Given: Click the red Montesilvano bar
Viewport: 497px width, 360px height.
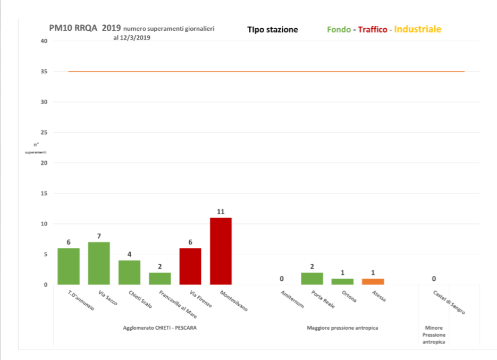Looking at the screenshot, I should (221, 251).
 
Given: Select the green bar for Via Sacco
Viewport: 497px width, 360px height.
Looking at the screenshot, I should (99, 263).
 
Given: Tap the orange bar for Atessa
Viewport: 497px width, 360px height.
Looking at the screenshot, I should (373, 281).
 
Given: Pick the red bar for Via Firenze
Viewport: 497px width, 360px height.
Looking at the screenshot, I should (190, 266).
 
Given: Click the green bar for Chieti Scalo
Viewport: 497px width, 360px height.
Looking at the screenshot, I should (129, 272).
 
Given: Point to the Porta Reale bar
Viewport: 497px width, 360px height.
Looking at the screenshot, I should (312, 279).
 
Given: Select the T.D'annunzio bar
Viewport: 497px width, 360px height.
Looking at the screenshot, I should (69, 266).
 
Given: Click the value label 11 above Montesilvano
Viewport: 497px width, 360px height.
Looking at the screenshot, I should (221, 212).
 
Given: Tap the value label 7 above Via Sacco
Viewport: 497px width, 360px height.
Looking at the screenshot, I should (99, 236).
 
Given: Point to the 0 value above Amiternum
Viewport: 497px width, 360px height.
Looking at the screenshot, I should (282, 279).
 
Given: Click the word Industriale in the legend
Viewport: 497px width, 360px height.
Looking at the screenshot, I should (417, 29).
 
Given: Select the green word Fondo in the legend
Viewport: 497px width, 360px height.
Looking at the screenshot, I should (338, 30).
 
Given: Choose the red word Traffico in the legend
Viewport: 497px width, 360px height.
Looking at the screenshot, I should (372, 30).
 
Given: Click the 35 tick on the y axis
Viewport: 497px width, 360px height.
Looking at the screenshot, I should (44, 71).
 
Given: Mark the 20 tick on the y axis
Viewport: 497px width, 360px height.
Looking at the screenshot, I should (44, 163).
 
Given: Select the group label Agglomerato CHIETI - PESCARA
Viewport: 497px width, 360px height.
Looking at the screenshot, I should (159, 328).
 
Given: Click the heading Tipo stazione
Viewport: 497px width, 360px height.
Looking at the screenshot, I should (272, 30).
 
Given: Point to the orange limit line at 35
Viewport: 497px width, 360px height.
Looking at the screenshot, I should (266, 71).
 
